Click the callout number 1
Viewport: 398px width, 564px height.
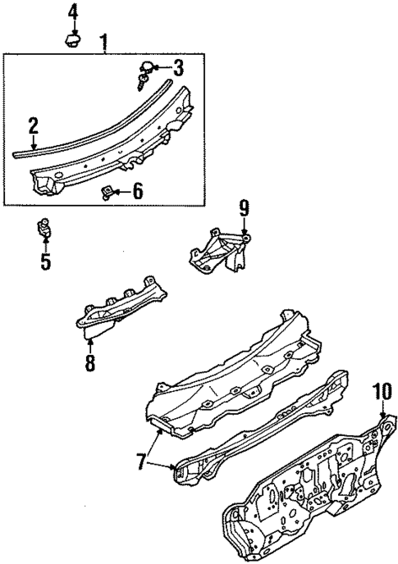point(104,41)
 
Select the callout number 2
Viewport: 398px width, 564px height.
point(33,125)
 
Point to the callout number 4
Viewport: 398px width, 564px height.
point(73,11)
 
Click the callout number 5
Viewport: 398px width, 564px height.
point(45,262)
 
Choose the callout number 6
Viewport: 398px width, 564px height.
point(137,193)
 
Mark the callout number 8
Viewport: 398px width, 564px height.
point(89,361)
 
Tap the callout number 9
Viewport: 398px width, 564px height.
point(243,209)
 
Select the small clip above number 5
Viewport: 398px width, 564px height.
point(46,229)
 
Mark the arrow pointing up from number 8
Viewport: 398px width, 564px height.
point(89,342)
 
